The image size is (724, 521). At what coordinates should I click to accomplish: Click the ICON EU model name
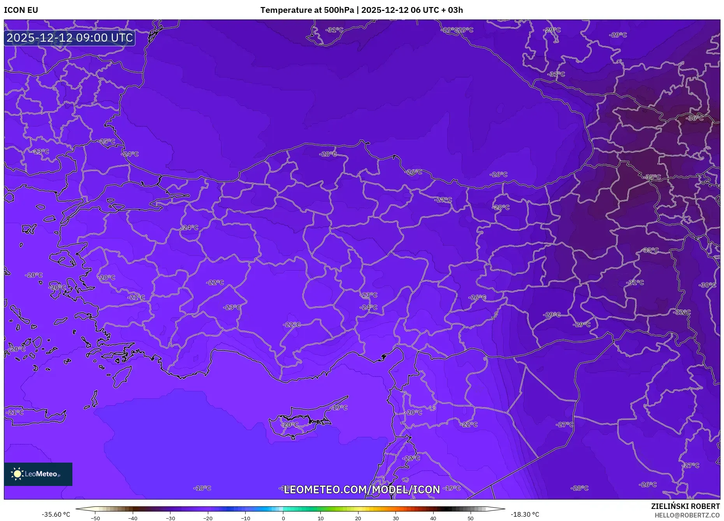(x=21, y=10)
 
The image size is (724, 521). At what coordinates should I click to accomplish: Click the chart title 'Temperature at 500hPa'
(x=307, y=10)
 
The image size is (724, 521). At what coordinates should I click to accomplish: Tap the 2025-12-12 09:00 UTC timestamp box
(x=70, y=38)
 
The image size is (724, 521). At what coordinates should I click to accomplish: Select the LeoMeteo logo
(x=38, y=474)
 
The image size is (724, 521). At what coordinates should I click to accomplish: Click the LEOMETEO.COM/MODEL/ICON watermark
(x=362, y=489)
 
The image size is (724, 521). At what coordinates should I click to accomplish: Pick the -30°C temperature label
(x=707, y=285)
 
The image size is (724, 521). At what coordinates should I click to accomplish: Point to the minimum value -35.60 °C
(x=56, y=514)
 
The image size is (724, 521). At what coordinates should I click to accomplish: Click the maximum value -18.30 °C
(x=525, y=514)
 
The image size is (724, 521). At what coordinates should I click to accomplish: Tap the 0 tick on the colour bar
(x=283, y=518)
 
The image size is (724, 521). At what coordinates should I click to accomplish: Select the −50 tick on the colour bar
(x=95, y=518)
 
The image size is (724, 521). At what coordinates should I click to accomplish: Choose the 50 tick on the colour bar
(x=470, y=518)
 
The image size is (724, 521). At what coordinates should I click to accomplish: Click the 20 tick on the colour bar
(x=358, y=518)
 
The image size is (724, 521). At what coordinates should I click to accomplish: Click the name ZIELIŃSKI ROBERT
(x=685, y=506)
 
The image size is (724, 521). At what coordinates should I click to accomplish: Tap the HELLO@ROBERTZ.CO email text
(x=687, y=515)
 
